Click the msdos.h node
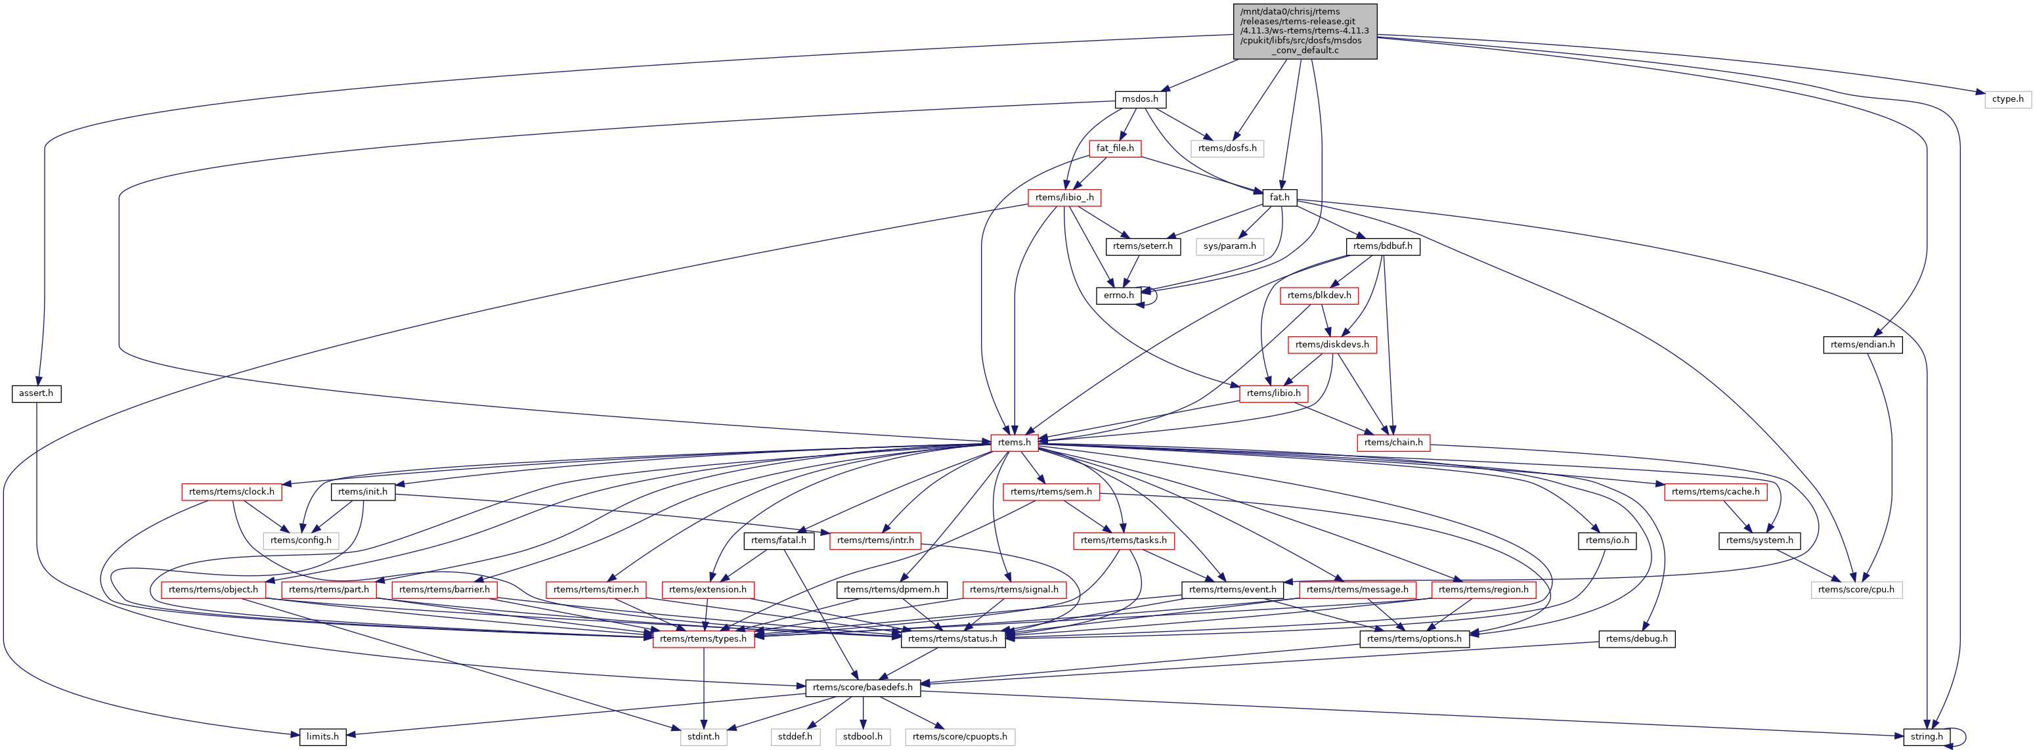pos(1140,99)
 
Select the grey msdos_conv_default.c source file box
pos(1305,31)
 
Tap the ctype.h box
pos(2007,99)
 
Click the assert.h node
pos(36,393)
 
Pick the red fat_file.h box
pos(1114,148)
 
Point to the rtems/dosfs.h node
pos(1227,148)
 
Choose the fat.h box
pos(1279,197)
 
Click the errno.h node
pos(1118,295)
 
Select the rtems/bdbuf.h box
pos(1382,246)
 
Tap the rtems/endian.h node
pos(1862,343)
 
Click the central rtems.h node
pos(1015,442)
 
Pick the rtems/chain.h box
pos(1393,442)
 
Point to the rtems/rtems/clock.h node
pos(231,491)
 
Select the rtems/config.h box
pos(301,540)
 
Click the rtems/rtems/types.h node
pos(703,638)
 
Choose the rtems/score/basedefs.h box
pos(863,687)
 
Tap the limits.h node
pos(322,736)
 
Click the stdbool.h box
pos(863,736)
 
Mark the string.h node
pos(1927,736)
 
